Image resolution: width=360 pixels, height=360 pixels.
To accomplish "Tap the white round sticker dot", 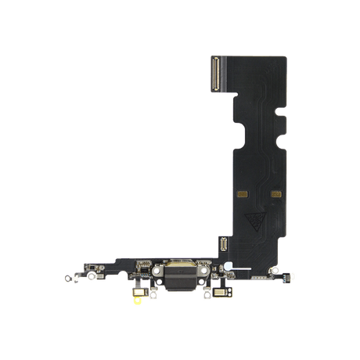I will pos(227,265).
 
